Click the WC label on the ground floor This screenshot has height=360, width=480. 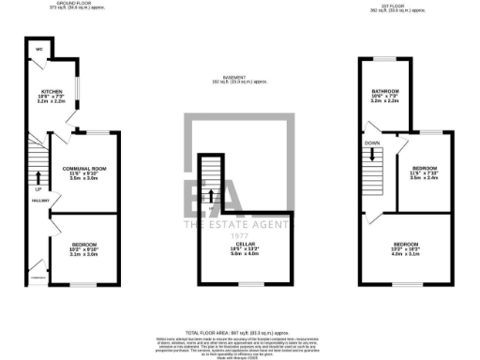40,49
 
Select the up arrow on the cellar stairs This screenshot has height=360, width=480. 212,196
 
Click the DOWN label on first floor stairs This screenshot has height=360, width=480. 372,143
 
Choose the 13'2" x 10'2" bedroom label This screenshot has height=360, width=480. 407,249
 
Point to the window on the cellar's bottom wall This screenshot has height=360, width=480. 249,283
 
